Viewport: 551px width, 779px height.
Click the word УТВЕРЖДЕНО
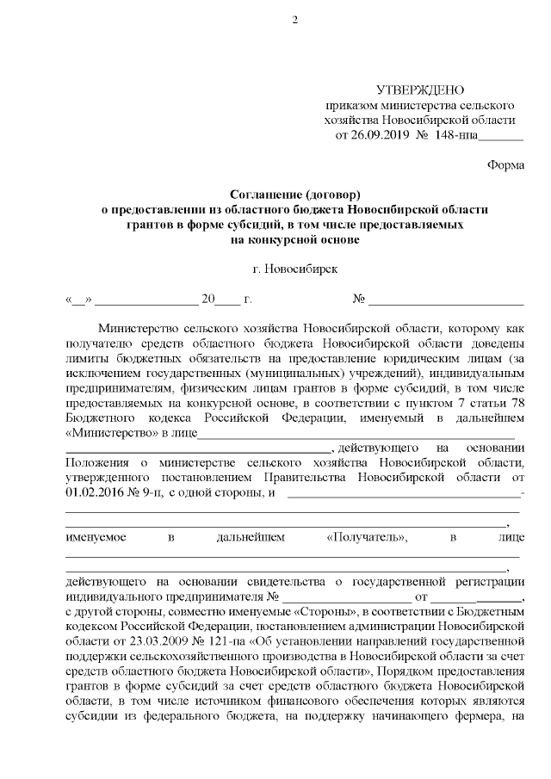[421, 90]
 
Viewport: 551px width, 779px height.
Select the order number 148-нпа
[453, 135]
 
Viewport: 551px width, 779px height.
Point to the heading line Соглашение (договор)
[294, 195]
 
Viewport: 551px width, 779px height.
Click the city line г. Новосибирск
[295, 269]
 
